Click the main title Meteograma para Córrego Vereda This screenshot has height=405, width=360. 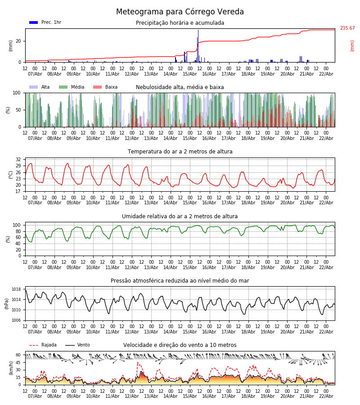point(180,12)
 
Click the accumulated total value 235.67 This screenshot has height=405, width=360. point(347,28)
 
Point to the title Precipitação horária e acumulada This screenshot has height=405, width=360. point(180,23)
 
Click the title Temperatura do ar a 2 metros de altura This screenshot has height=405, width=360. point(180,152)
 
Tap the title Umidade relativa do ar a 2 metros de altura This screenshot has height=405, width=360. point(180,216)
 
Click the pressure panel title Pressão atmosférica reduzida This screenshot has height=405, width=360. point(180,281)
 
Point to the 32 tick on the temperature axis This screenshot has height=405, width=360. point(18,160)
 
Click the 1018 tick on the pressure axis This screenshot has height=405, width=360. point(17,289)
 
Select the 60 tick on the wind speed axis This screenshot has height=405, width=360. point(18,355)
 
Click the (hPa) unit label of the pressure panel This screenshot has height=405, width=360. point(7,303)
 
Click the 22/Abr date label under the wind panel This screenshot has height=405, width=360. point(326,396)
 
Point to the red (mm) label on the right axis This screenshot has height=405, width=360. point(352,45)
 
